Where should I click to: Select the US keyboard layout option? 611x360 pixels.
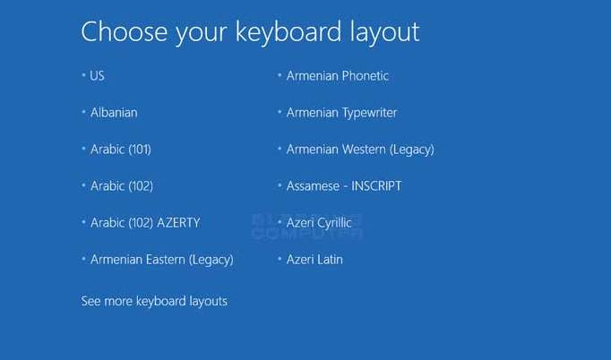[97, 75]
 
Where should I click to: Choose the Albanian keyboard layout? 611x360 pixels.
[114, 113]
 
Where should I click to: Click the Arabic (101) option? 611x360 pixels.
[121, 150]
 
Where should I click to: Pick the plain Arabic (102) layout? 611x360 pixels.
[122, 186]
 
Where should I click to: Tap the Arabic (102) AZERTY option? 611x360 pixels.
[145, 222]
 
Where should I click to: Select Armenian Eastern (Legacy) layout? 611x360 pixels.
[162, 260]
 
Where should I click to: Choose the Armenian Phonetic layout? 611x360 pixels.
[338, 75]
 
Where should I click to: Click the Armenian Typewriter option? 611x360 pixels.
[341, 113]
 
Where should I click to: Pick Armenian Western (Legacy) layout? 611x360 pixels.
[360, 150]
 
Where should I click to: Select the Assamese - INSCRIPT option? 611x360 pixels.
[344, 186]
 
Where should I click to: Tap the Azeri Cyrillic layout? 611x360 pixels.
[319, 223]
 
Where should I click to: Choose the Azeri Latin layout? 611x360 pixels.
[314, 260]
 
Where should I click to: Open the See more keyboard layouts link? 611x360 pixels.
[154, 301]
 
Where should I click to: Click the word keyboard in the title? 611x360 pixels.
[288, 32]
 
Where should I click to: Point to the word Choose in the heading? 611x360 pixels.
[125, 31]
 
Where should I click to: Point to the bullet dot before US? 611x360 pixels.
[83, 74]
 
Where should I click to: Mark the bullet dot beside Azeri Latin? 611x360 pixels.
[280, 258]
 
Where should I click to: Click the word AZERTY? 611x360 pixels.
[178, 222]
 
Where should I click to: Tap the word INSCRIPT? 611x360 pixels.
[376, 186]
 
